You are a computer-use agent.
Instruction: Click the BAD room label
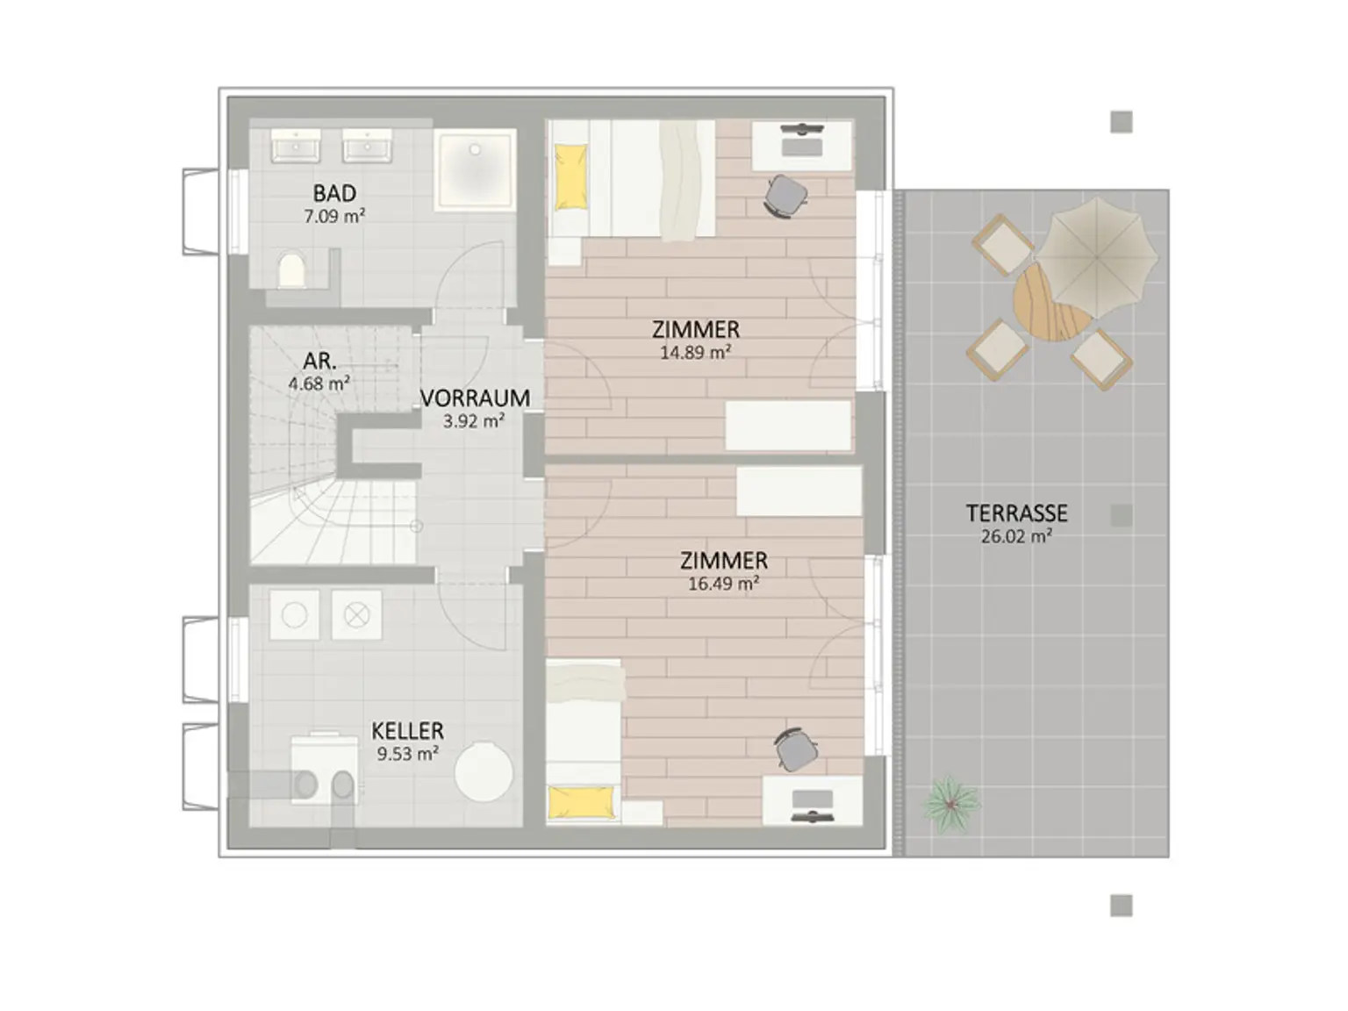click(334, 193)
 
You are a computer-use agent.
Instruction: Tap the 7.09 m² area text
click(334, 216)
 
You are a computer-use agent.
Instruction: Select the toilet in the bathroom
click(292, 270)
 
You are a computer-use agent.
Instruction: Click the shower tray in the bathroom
click(475, 169)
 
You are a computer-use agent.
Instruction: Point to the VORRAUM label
click(475, 398)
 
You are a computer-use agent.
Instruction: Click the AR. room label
click(319, 361)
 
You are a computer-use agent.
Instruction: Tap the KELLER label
click(407, 731)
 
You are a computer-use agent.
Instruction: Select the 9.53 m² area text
click(407, 754)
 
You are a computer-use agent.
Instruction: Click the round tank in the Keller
click(484, 772)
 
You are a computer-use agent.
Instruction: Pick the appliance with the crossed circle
click(356, 614)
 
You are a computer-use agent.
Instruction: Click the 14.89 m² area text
click(694, 352)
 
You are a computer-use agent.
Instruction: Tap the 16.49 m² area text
click(723, 583)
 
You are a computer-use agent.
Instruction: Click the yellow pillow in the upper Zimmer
click(570, 176)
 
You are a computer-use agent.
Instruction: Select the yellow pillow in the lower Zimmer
click(581, 803)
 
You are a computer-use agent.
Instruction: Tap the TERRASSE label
click(1016, 513)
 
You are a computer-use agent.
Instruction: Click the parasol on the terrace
click(1096, 258)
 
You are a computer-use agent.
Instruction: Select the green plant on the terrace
click(951, 804)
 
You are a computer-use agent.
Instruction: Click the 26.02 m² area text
click(1016, 536)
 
